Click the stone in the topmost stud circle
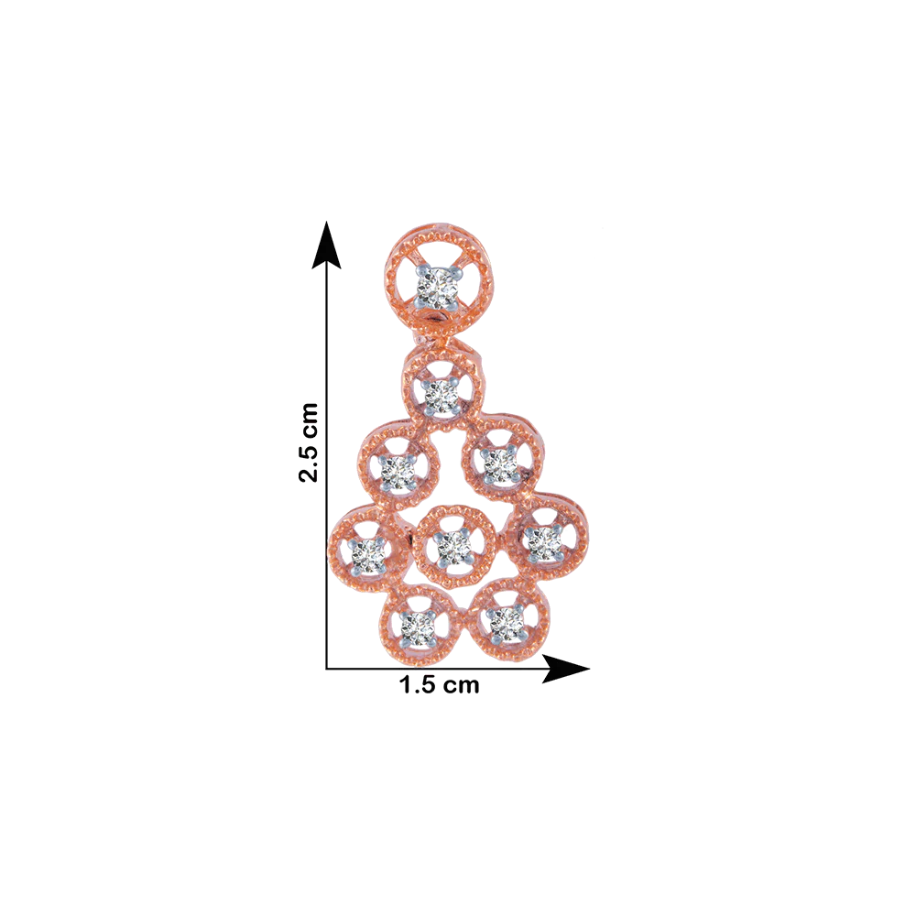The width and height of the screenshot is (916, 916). tap(436, 287)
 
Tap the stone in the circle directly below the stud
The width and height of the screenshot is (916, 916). tap(442, 396)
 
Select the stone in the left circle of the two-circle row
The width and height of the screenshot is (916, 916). tap(398, 471)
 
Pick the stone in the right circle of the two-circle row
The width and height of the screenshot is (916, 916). tap(501, 464)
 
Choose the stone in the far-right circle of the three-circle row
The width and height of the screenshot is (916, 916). tap(543, 541)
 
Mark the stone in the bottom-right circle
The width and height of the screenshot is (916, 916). tap(507, 623)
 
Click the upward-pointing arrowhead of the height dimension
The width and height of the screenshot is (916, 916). tap(326, 245)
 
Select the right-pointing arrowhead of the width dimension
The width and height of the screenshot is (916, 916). tap(565, 669)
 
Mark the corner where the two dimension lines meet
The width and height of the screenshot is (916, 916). tap(326, 669)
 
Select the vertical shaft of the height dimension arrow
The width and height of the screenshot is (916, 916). tap(326, 468)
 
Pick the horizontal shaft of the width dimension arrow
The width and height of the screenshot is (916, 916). tap(434, 669)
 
